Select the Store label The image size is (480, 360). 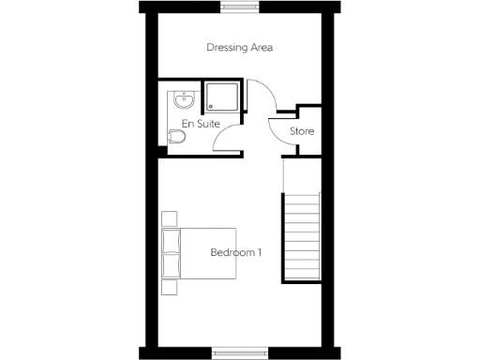pyautogui.click(x=302, y=130)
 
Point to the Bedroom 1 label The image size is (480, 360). pyautogui.click(x=234, y=252)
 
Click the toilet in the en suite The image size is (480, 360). pyautogui.click(x=176, y=138)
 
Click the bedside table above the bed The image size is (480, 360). pyautogui.click(x=169, y=218)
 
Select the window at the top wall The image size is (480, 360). pyautogui.click(x=240, y=7)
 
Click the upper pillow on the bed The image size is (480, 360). pyautogui.click(x=171, y=240)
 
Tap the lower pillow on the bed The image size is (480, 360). pyautogui.click(x=171, y=265)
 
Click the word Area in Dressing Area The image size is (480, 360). pyautogui.click(x=262, y=47)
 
